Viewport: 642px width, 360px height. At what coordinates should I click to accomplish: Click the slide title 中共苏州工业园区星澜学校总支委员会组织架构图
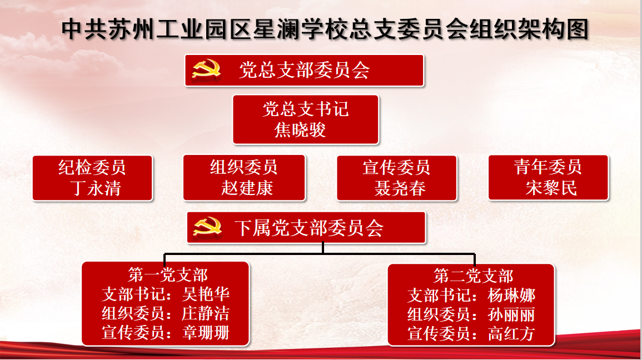coord(325,29)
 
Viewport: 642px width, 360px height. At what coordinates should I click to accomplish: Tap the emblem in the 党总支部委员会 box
coord(207,69)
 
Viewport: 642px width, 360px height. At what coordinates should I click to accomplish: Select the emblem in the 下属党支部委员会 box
coord(207,227)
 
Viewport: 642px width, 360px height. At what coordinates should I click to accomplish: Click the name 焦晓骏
coord(300,130)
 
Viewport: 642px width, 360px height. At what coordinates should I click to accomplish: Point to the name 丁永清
coord(96,188)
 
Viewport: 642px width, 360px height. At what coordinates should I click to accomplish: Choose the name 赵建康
coord(247,188)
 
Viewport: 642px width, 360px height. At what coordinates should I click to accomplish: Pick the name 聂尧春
coord(400,188)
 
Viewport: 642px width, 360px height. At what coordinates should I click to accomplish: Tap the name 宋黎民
coord(551,188)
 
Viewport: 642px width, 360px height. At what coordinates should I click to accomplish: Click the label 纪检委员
coord(92,167)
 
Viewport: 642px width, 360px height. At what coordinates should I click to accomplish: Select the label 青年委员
coord(548,167)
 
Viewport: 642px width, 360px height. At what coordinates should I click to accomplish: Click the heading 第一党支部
coord(168,275)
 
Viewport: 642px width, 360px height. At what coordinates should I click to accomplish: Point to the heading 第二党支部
coord(474,276)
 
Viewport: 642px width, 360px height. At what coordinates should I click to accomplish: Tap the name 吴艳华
coord(206,294)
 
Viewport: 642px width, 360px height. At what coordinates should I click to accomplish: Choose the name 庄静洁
coord(206,313)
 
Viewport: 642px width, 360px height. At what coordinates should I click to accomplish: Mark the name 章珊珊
coord(206,333)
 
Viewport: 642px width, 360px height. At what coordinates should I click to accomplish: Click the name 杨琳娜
coord(511,296)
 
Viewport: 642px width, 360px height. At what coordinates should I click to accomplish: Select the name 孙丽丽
coord(511,314)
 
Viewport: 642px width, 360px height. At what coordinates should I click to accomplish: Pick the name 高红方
coord(511,334)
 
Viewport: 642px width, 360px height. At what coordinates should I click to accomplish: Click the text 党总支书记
coord(306,109)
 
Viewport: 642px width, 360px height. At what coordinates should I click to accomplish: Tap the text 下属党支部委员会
coord(309,227)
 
